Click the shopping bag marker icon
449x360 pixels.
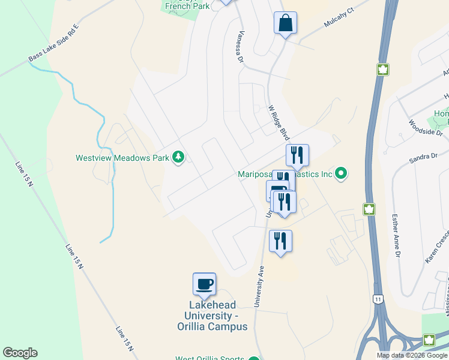[x=285, y=23]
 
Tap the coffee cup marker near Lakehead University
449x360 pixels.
[x=204, y=284]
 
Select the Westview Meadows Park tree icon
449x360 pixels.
[x=178, y=158]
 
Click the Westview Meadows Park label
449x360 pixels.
[x=122, y=158]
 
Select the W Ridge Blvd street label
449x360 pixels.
[x=279, y=123]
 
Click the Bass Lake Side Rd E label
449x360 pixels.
[x=53, y=43]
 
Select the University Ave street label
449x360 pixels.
[x=259, y=286]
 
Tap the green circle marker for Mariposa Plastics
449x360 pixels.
[x=341, y=175]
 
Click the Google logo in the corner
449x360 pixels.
[x=20, y=353]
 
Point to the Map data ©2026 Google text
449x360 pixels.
[x=412, y=355]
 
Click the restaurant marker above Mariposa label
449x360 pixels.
[x=297, y=155]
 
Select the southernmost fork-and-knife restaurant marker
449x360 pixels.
[x=280, y=241]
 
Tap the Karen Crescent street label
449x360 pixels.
[x=436, y=245]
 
